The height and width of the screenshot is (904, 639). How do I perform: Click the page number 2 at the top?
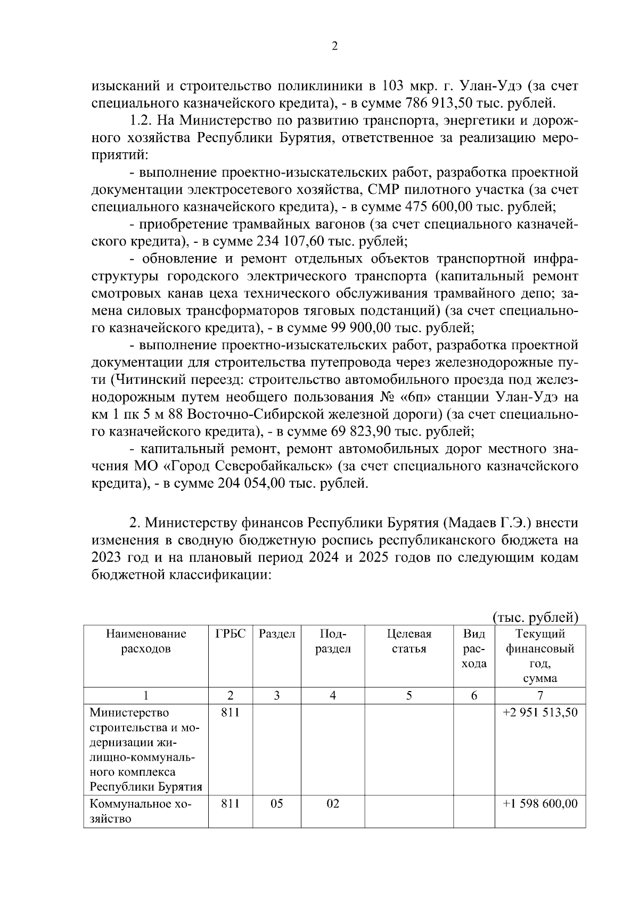point(334,46)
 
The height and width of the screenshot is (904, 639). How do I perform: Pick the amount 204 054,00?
point(252,483)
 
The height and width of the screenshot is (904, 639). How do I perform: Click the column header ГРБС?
point(231,634)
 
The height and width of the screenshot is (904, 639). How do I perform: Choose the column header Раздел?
point(277,634)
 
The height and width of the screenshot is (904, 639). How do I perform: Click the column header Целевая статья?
point(409,642)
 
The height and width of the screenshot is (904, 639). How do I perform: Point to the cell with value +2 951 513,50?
point(539,712)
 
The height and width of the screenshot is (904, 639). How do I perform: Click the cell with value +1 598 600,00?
point(539,803)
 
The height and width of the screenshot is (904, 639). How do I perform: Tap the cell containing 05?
point(277,803)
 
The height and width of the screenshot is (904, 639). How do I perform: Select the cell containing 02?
point(333,803)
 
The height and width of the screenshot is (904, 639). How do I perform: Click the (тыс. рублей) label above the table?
point(535,617)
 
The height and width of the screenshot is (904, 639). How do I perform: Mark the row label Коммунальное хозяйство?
point(141,811)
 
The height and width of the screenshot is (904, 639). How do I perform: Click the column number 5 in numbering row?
point(409,695)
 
